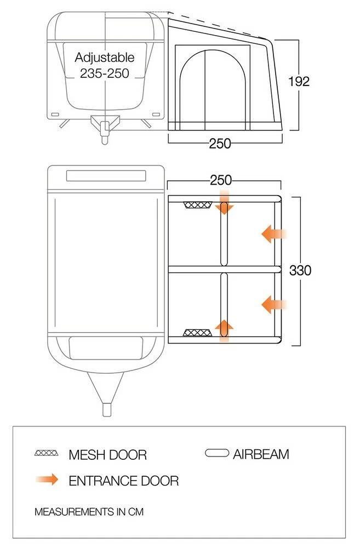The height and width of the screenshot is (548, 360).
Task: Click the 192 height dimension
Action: click(299, 81)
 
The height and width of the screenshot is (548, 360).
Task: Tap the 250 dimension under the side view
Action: click(220, 144)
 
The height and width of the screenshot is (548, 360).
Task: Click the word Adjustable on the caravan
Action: click(104, 58)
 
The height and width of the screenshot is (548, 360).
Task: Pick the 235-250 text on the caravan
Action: click(104, 73)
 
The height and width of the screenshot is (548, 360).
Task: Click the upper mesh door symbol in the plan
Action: click(198, 205)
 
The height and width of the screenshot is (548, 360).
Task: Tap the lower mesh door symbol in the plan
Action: click(197, 333)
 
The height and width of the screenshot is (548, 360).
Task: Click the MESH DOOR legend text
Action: click(107, 455)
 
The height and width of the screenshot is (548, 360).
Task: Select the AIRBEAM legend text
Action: click(260, 454)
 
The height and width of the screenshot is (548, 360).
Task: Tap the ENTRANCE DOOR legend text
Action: click(123, 481)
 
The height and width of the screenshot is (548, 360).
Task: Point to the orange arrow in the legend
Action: click(47, 480)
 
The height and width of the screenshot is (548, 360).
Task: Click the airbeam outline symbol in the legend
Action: click(216, 453)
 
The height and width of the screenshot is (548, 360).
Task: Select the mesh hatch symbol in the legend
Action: click(47, 454)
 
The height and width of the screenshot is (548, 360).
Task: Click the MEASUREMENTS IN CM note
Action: click(89, 512)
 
